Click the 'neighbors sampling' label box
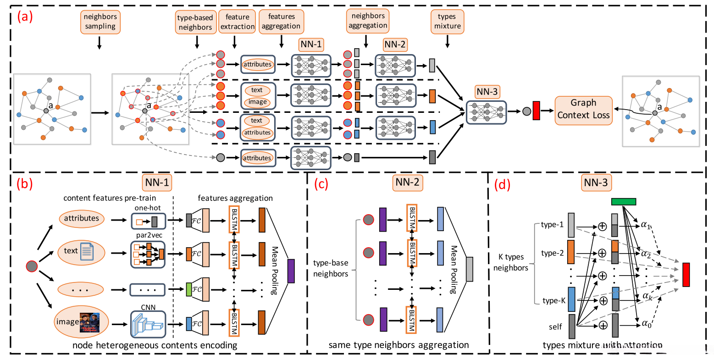click(x=100, y=22)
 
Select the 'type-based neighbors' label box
click(x=195, y=22)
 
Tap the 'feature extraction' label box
click(x=237, y=22)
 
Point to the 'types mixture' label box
click(x=447, y=22)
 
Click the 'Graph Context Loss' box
click(x=583, y=109)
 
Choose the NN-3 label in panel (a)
click(x=487, y=92)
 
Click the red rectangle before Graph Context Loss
click(x=536, y=111)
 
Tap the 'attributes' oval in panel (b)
click(x=81, y=218)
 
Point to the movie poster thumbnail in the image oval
click(x=89, y=322)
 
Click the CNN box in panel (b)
click(x=148, y=324)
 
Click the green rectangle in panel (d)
click(x=624, y=202)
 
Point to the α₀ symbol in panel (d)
click(x=646, y=324)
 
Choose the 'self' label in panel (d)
click(x=555, y=327)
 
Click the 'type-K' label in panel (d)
click(x=554, y=301)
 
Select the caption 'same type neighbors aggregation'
click(x=399, y=345)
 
